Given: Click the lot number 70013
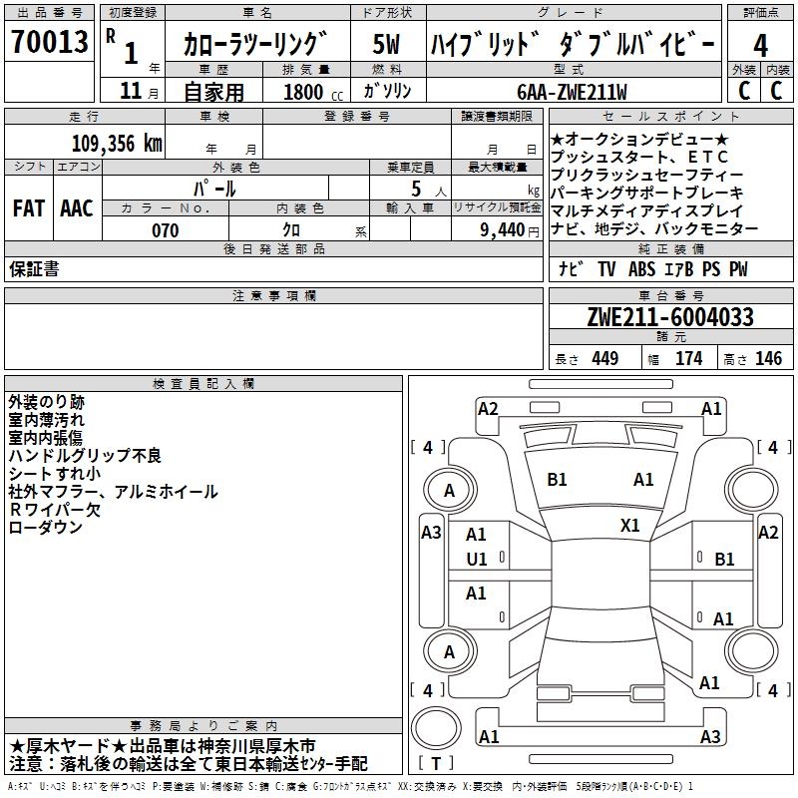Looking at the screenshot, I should point(48,44).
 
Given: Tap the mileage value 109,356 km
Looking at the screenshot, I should point(116,143).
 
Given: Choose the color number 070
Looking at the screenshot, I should point(165,230).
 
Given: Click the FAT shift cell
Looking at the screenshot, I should point(29,207).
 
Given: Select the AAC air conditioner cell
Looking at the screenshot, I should point(76,207).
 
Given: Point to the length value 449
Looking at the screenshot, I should point(603,359).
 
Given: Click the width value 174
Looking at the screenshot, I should point(688,359).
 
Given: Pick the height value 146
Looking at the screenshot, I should point(768,359).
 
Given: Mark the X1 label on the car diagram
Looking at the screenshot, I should point(630,525).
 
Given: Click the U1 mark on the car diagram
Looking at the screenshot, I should point(477,560).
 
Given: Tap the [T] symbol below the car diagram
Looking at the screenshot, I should point(436,763).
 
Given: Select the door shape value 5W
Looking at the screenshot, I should point(387,44).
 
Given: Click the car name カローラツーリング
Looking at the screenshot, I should point(255,45).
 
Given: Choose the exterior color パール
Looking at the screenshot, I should point(213,188).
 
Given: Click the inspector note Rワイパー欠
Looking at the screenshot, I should point(55,509).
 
